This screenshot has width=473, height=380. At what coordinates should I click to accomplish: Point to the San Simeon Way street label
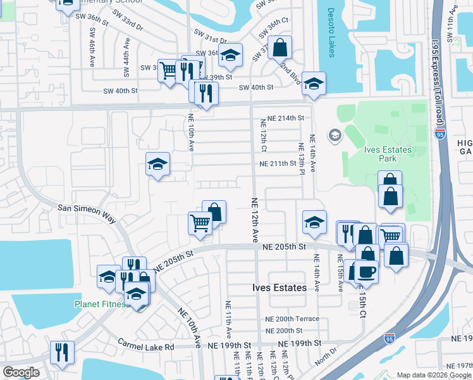(x=87, y=213)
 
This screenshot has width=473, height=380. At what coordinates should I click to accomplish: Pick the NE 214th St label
(x=285, y=118)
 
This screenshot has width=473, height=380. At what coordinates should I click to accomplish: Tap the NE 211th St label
(x=277, y=163)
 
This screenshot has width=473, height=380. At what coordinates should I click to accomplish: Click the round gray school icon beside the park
(x=334, y=135)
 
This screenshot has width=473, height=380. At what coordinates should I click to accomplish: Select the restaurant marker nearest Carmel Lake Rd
(x=62, y=351)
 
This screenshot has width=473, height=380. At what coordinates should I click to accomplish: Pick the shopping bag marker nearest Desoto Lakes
(x=279, y=47)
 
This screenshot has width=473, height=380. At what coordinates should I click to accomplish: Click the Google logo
(x=21, y=372)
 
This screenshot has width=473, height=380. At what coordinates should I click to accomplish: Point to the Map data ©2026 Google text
(x=433, y=375)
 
